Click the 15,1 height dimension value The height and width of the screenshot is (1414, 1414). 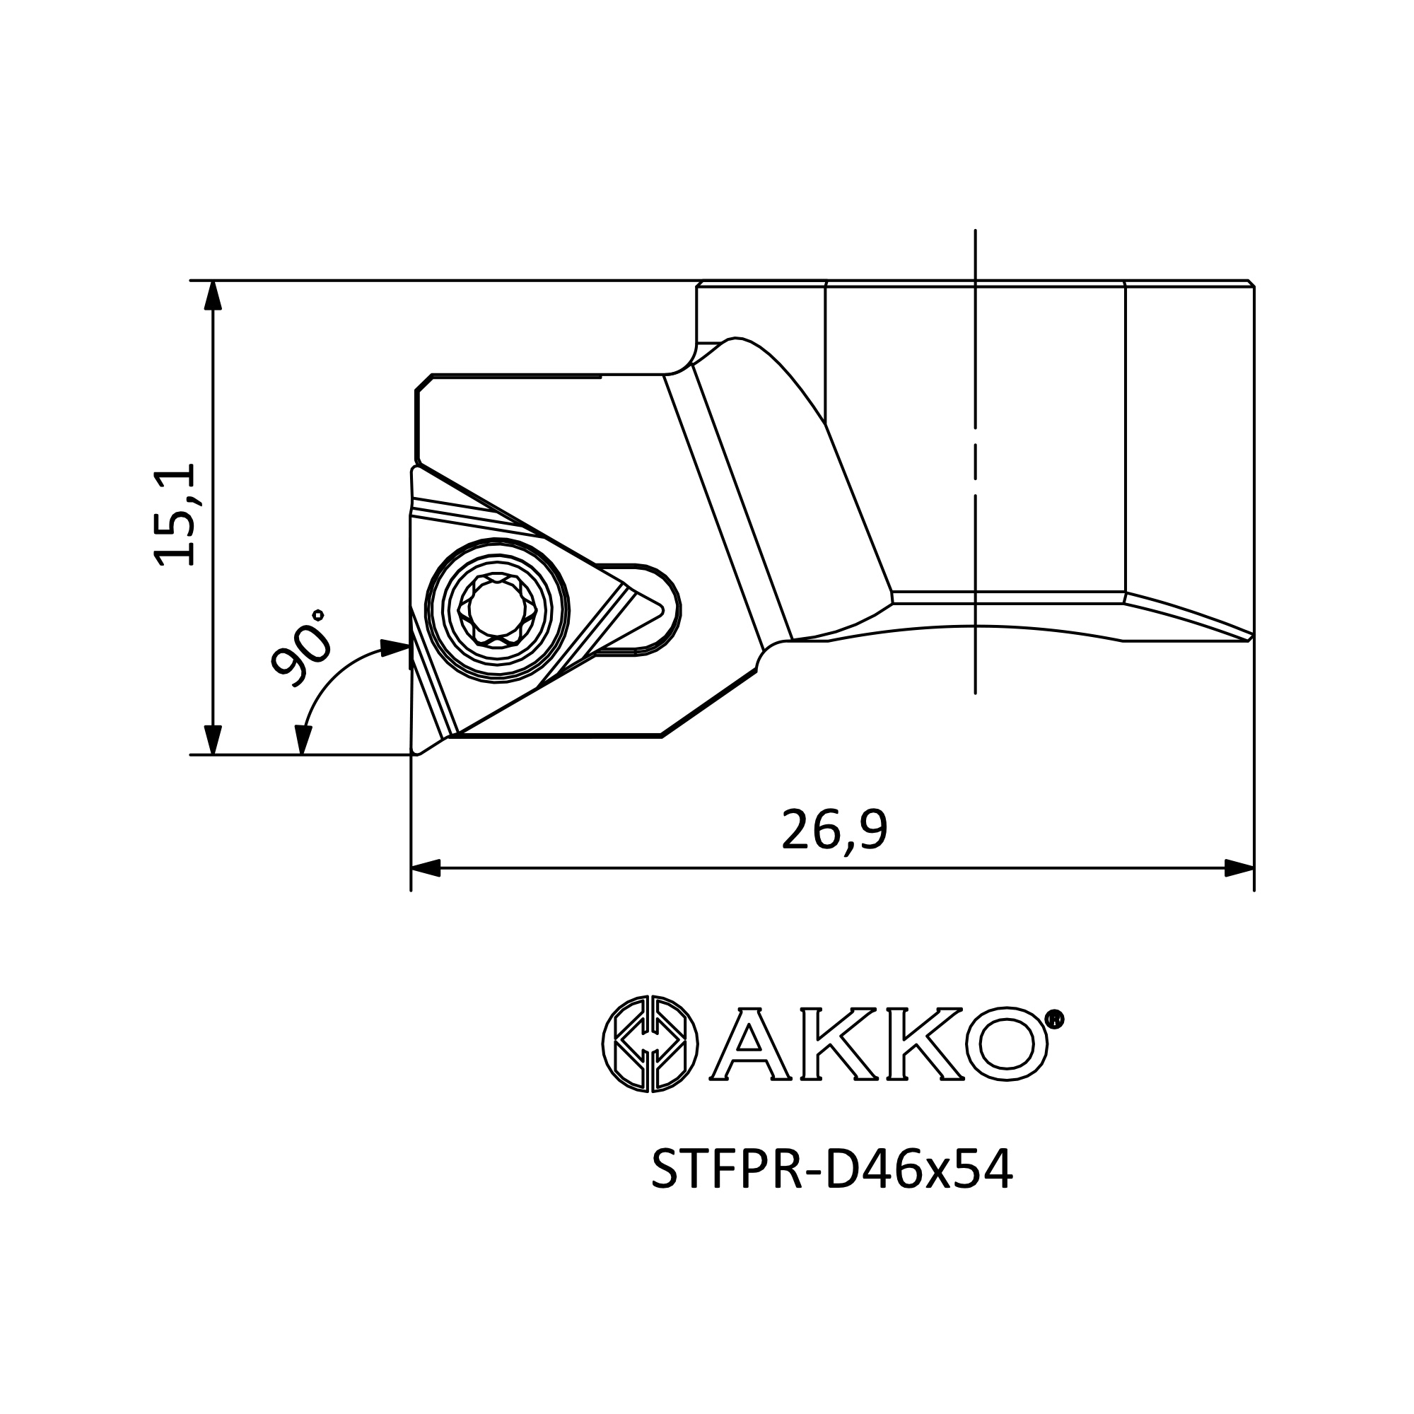175,515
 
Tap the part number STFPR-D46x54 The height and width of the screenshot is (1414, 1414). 832,1171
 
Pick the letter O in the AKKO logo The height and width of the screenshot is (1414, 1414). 1006,1044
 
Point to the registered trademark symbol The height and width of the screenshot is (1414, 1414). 1054,1019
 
